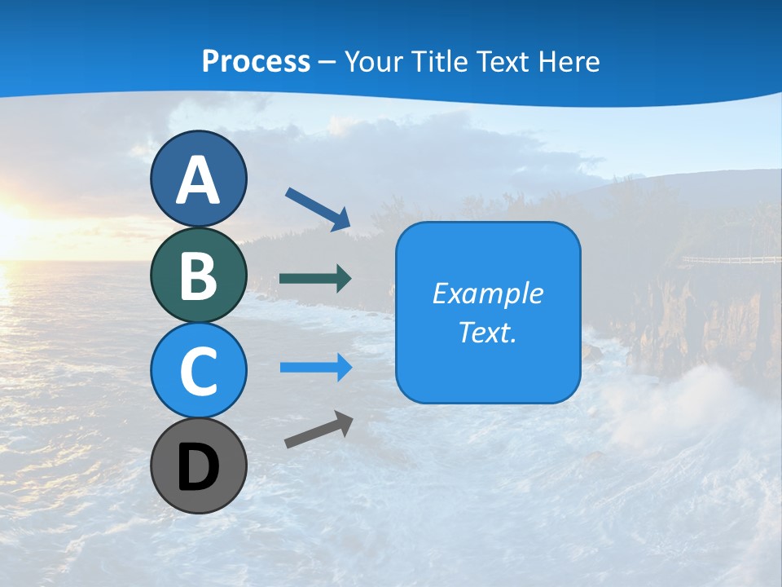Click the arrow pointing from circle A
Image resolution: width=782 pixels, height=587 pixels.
[318, 208]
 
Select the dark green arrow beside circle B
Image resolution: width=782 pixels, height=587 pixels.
[315, 278]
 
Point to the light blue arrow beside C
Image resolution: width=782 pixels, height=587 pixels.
[315, 367]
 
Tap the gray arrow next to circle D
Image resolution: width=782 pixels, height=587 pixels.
[319, 430]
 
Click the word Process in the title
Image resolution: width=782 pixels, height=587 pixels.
[256, 61]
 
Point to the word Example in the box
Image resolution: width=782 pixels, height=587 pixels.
[487, 293]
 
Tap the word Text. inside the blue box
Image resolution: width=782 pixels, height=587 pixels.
[487, 332]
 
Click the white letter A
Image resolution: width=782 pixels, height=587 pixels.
[198, 181]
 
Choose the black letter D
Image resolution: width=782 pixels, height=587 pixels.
[198, 468]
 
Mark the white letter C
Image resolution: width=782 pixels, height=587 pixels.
[198, 371]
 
